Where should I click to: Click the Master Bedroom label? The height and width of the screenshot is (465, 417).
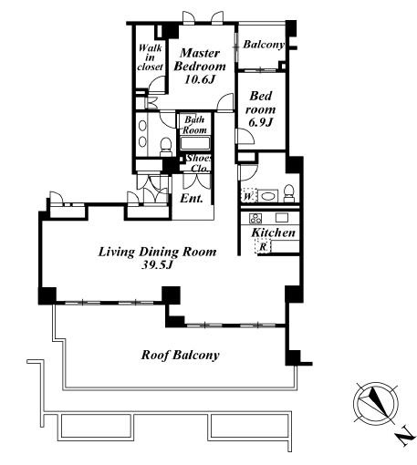click(x=200, y=59)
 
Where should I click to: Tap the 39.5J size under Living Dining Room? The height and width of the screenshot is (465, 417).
click(x=157, y=265)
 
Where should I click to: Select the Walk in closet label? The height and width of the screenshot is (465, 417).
click(x=150, y=57)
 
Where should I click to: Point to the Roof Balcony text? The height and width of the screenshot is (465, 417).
click(x=180, y=355)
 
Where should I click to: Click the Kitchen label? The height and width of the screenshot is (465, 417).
click(x=273, y=232)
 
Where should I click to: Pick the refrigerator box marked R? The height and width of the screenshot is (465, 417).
click(x=263, y=246)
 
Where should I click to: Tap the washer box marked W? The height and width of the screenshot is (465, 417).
click(x=248, y=196)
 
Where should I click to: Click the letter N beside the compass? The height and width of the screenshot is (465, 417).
click(x=406, y=436)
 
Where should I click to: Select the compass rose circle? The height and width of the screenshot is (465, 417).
click(x=376, y=404)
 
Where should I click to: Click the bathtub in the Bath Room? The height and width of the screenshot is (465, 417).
click(x=195, y=143)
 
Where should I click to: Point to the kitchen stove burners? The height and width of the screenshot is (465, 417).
click(x=255, y=218)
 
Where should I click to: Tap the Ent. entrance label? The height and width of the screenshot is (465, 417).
click(x=192, y=199)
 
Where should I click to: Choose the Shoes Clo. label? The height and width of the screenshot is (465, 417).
click(x=199, y=163)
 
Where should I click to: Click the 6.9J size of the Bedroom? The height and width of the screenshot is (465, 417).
click(x=260, y=122)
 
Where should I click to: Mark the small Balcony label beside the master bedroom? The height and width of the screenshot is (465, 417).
click(x=264, y=45)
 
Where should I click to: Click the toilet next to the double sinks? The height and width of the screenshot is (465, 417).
click(x=166, y=146)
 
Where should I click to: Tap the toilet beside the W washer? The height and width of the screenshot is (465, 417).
click(x=288, y=193)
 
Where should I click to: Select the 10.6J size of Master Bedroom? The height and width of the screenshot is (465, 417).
click(x=200, y=79)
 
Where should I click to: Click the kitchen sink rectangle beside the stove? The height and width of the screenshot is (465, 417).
click(x=282, y=218)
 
